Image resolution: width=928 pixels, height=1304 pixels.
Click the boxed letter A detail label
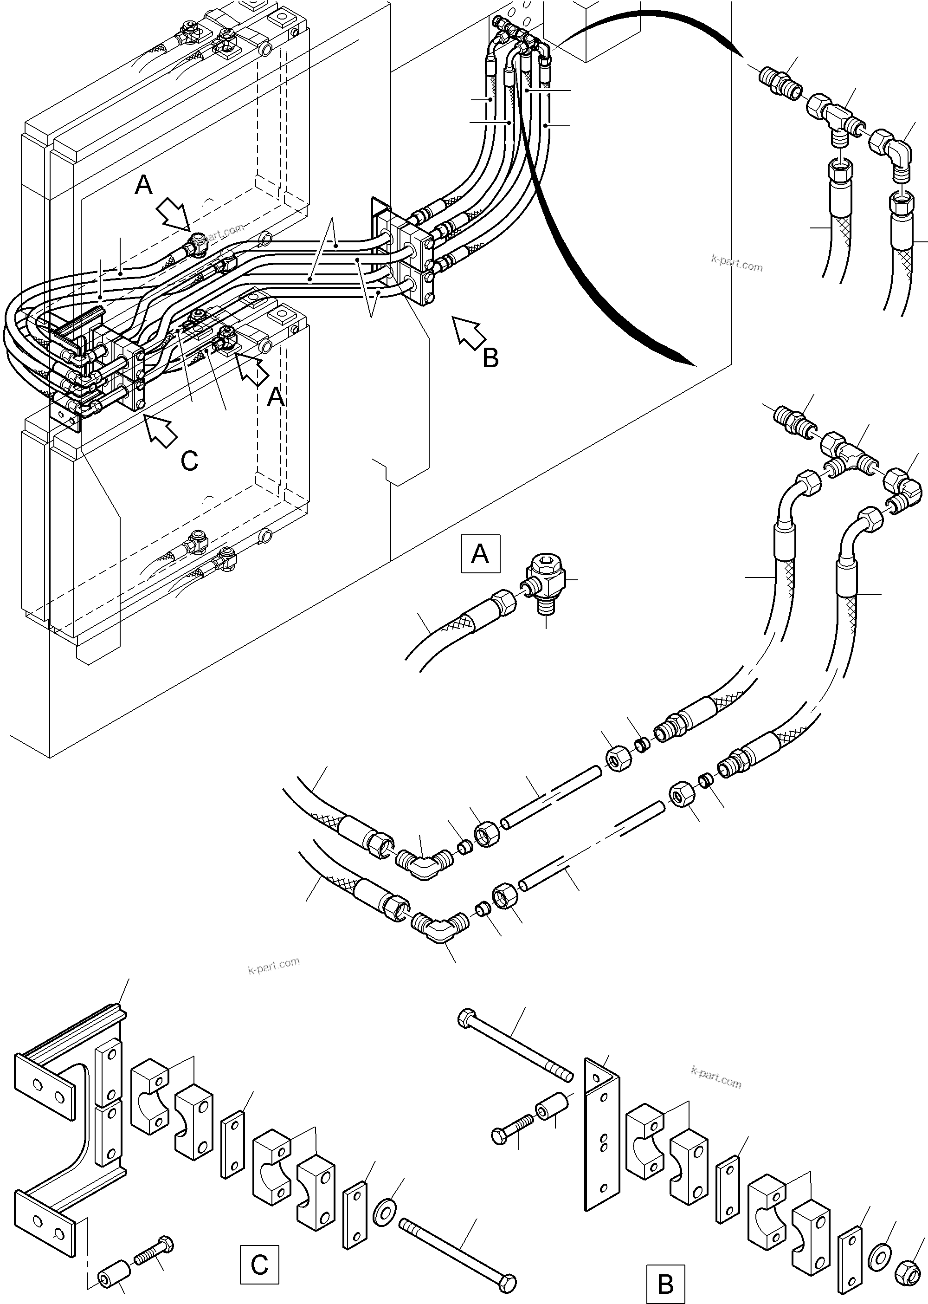(x=480, y=553)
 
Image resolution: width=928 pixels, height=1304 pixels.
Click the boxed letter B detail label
(x=665, y=1282)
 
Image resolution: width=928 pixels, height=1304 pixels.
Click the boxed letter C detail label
(x=259, y=1265)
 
